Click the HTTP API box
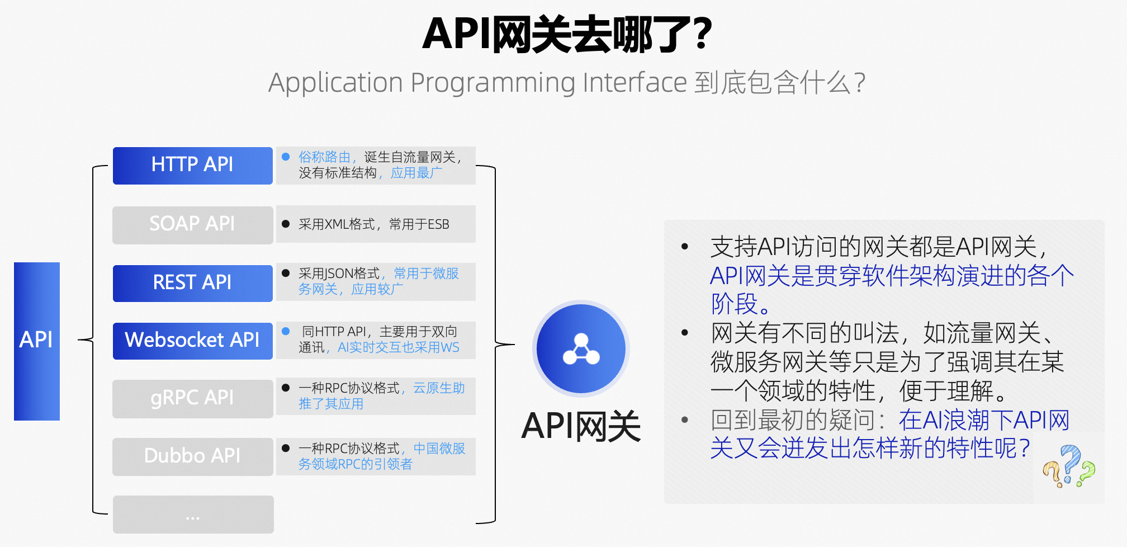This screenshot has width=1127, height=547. (x=192, y=166)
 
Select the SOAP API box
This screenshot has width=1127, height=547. (x=192, y=224)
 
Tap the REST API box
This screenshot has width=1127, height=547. (x=192, y=283)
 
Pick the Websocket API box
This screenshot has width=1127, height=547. (x=192, y=341)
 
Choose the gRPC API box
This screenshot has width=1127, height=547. (x=192, y=398)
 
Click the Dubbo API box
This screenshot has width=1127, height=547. (x=192, y=456)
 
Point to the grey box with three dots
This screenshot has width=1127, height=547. (x=193, y=515)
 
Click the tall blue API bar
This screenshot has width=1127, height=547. (x=37, y=341)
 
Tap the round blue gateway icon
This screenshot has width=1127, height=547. (x=581, y=348)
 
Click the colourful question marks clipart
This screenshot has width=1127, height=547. (x=1069, y=466)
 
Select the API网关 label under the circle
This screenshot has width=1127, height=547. (x=581, y=427)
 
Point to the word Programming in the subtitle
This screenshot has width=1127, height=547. (x=493, y=83)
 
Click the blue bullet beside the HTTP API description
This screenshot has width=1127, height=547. (x=286, y=157)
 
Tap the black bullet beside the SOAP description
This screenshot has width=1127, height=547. (x=286, y=224)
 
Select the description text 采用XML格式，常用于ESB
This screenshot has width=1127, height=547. (x=373, y=224)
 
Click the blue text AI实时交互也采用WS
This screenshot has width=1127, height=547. (x=398, y=348)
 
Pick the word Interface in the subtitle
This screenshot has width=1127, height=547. (x=634, y=83)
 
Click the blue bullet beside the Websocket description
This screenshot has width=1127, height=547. (x=286, y=332)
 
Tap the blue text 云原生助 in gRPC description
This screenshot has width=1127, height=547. (x=439, y=388)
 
